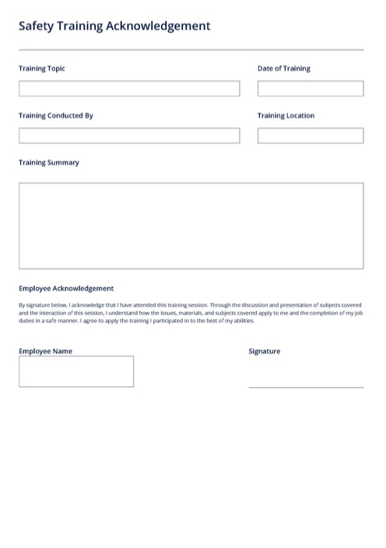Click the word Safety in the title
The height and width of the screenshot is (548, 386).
click(36, 26)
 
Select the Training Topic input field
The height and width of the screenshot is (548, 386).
click(129, 89)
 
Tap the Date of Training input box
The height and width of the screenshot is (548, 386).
click(311, 89)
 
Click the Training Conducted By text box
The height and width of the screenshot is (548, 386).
click(129, 136)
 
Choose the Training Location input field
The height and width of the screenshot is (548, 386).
click(311, 136)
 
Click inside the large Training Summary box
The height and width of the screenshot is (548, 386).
click(191, 226)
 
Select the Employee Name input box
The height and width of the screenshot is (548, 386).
click(76, 371)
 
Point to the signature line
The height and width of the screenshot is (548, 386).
click(306, 386)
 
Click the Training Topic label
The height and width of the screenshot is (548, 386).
click(42, 68)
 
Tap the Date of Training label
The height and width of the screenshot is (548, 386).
click(284, 68)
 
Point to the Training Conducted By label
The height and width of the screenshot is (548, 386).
click(56, 116)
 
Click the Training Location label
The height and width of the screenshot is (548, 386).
click(286, 116)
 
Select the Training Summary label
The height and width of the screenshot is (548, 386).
click(49, 163)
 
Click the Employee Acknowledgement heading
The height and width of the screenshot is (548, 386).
click(66, 289)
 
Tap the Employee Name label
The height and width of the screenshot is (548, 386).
click(45, 351)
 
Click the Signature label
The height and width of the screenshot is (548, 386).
click(265, 351)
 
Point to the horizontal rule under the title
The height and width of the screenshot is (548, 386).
click(191, 50)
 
